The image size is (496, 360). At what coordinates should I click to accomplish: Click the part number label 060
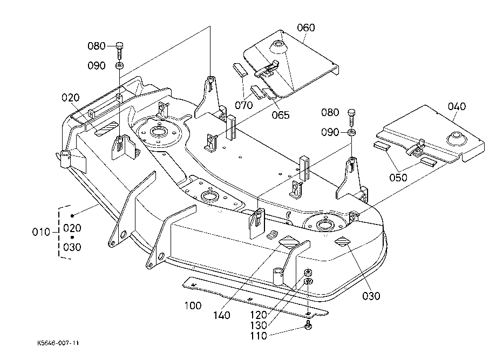306,28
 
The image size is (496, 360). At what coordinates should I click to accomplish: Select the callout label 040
457,106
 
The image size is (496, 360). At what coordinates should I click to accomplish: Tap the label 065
281,115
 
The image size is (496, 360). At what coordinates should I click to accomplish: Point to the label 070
243,105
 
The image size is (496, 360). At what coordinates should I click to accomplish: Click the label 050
398,178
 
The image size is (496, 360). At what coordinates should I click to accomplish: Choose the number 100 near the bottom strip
193,305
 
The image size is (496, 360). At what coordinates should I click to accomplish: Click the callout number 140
221,315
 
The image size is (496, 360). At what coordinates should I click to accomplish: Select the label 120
259,315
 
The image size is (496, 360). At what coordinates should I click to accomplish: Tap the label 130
259,325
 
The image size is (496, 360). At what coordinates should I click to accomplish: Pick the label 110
259,336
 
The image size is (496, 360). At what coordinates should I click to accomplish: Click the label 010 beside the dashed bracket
41,232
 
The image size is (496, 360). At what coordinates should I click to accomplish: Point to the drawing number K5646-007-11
58,343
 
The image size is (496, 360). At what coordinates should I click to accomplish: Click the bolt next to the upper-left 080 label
119,50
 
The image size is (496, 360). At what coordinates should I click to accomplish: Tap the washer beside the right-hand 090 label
351,132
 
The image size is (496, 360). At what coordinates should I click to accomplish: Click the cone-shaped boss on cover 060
278,46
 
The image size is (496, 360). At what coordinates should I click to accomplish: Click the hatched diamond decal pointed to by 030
343,241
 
